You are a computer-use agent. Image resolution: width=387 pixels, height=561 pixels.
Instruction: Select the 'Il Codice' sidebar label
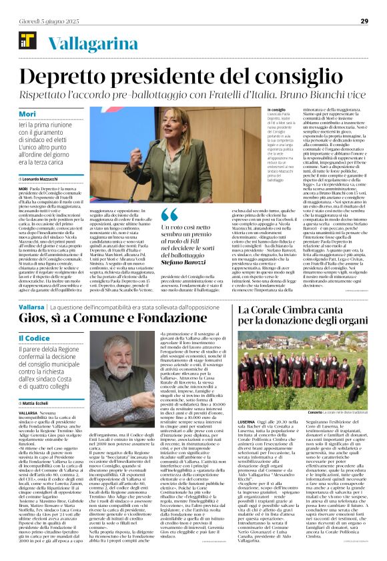click(33, 340)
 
